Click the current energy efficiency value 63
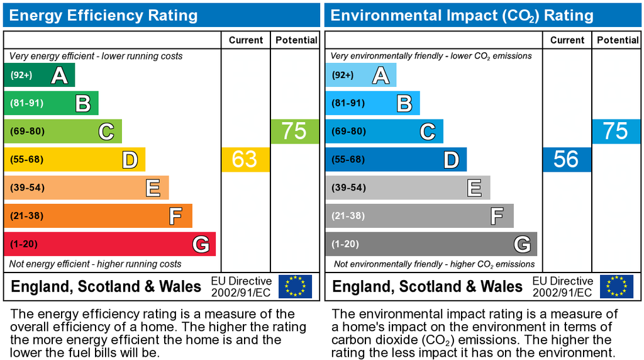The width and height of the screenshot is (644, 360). pyautogui.click(x=245, y=159)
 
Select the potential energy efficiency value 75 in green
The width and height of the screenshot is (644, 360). pyautogui.click(x=294, y=131)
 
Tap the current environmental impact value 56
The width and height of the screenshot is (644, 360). pyautogui.click(x=566, y=159)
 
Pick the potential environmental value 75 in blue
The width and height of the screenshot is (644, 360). pyautogui.click(x=616, y=131)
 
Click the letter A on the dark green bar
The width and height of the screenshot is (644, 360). pyautogui.click(x=59, y=76)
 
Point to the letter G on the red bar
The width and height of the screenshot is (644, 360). pyautogui.click(x=201, y=244)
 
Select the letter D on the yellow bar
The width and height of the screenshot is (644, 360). pyautogui.click(x=130, y=160)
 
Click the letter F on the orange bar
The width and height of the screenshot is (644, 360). pyautogui.click(x=176, y=216)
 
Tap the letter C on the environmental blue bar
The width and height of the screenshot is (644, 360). pyautogui.click(x=428, y=132)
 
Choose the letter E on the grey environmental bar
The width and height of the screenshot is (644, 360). pyautogui.click(x=474, y=188)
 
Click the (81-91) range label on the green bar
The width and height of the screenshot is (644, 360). pyautogui.click(x=26, y=103)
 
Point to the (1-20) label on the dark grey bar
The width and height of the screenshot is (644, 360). pyautogui.click(x=346, y=244)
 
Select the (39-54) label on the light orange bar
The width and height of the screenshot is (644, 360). pyautogui.click(x=26, y=188)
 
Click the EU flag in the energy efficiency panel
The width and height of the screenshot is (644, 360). pyautogui.click(x=295, y=286)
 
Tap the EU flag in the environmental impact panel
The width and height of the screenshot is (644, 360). pyautogui.click(x=616, y=286)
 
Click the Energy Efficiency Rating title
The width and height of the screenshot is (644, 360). pyautogui.click(x=103, y=16)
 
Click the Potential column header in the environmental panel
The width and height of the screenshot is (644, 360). pyautogui.click(x=618, y=40)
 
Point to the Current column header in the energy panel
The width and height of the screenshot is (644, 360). pyautogui.click(x=246, y=40)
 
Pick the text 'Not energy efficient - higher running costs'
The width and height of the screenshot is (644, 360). pyautogui.click(x=96, y=264)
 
